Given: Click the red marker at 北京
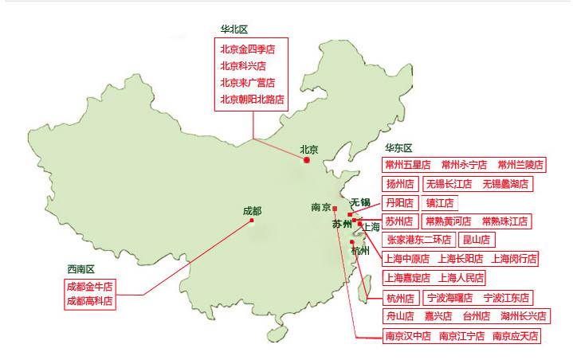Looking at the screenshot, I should [x=307, y=160].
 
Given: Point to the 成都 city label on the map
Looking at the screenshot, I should [x=252, y=211].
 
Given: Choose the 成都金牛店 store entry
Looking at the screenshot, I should [x=89, y=285].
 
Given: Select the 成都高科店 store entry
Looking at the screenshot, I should [x=89, y=301].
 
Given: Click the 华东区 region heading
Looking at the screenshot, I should [x=398, y=148].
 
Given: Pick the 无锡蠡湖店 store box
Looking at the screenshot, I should [x=505, y=184].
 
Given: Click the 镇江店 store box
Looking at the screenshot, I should [x=439, y=202].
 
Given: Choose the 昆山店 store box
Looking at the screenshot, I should [x=476, y=239].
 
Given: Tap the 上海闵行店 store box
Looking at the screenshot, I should [x=515, y=258].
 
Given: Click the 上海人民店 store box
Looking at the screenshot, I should [x=461, y=278].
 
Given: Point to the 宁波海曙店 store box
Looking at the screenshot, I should [x=449, y=298].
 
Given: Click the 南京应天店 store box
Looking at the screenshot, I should [x=516, y=335].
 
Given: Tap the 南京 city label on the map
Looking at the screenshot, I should [x=321, y=208].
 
